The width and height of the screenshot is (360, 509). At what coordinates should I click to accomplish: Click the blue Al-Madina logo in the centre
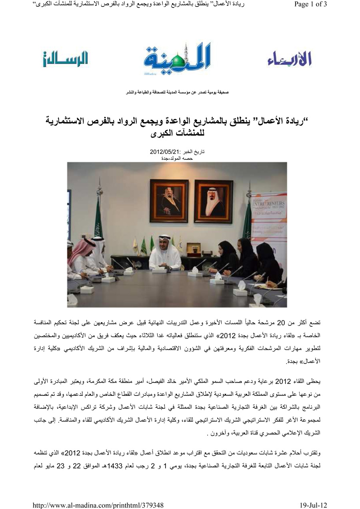[x=178, y=60]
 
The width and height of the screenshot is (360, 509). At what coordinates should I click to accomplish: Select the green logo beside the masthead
[x=65, y=59]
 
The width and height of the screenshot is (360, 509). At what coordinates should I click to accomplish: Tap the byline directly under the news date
[x=176, y=158]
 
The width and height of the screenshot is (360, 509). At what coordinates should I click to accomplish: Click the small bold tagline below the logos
[x=178, y=93]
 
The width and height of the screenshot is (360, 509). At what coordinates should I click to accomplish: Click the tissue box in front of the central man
[x=159, y=270]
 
